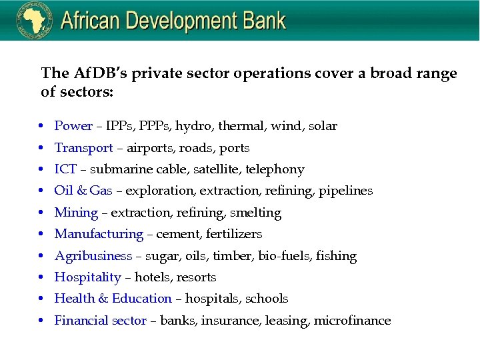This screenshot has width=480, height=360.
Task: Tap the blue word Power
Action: point(73,126)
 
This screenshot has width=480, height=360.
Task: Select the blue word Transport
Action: point(83,148)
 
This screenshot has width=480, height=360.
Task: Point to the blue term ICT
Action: point(65,169)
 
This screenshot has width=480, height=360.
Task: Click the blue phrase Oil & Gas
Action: point(83,191)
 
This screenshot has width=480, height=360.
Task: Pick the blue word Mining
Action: point(76,213)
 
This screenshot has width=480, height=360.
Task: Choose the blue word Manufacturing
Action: point(99,234)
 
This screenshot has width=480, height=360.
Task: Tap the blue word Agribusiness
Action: point(93,256)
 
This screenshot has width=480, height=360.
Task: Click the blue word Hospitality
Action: point(87,277)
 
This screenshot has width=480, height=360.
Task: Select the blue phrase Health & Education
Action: point(113,299)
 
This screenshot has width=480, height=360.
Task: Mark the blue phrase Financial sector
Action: point(101,321)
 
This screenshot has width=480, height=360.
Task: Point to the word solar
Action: point(323,126)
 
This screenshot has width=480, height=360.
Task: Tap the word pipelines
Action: point(345,191)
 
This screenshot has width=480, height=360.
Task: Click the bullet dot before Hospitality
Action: point(41,278)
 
